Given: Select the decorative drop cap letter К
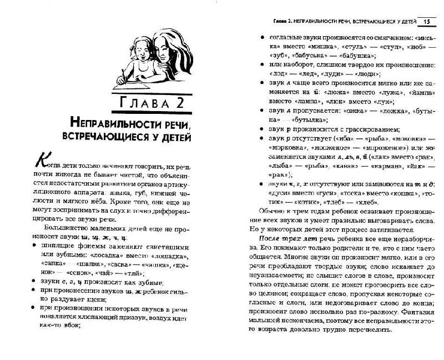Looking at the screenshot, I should pos(39,161).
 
